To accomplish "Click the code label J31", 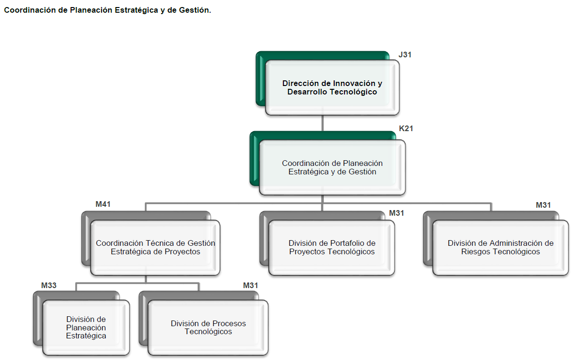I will click(405, 55).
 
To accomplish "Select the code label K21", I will click(406, 128).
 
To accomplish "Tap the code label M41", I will click(103, 204).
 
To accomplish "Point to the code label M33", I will click(49, 285).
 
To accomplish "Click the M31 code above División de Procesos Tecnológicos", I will click(250, 285).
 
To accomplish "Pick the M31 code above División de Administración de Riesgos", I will click(543, 205).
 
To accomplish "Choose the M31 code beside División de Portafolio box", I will click(397, 213).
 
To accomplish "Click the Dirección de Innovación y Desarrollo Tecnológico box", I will click(332, 88).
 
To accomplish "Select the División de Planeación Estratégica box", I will click(86, 328).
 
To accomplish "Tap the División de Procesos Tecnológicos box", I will click(208, 328).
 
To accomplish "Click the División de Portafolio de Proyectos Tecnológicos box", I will click(331, 248).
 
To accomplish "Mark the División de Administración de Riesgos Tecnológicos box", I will click(500, 248).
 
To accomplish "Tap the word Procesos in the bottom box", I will click(229, 323).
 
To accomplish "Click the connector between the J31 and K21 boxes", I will click(322, 123).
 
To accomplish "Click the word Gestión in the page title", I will click(194, 10).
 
